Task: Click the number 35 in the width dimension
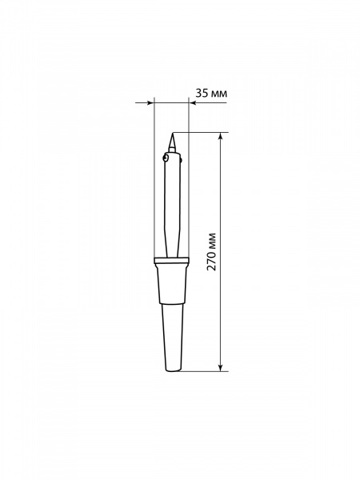pos(202,93)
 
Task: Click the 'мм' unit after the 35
pos(219,94)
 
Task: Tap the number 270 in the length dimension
pos(211,260)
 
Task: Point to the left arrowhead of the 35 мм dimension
pos(150,103)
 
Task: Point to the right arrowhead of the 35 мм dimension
pos(192,103)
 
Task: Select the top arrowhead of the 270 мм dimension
pos(220,136)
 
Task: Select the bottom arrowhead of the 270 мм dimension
pos(220,368)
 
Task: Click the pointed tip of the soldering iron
pos(172,133)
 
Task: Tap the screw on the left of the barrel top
pos(166,158)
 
